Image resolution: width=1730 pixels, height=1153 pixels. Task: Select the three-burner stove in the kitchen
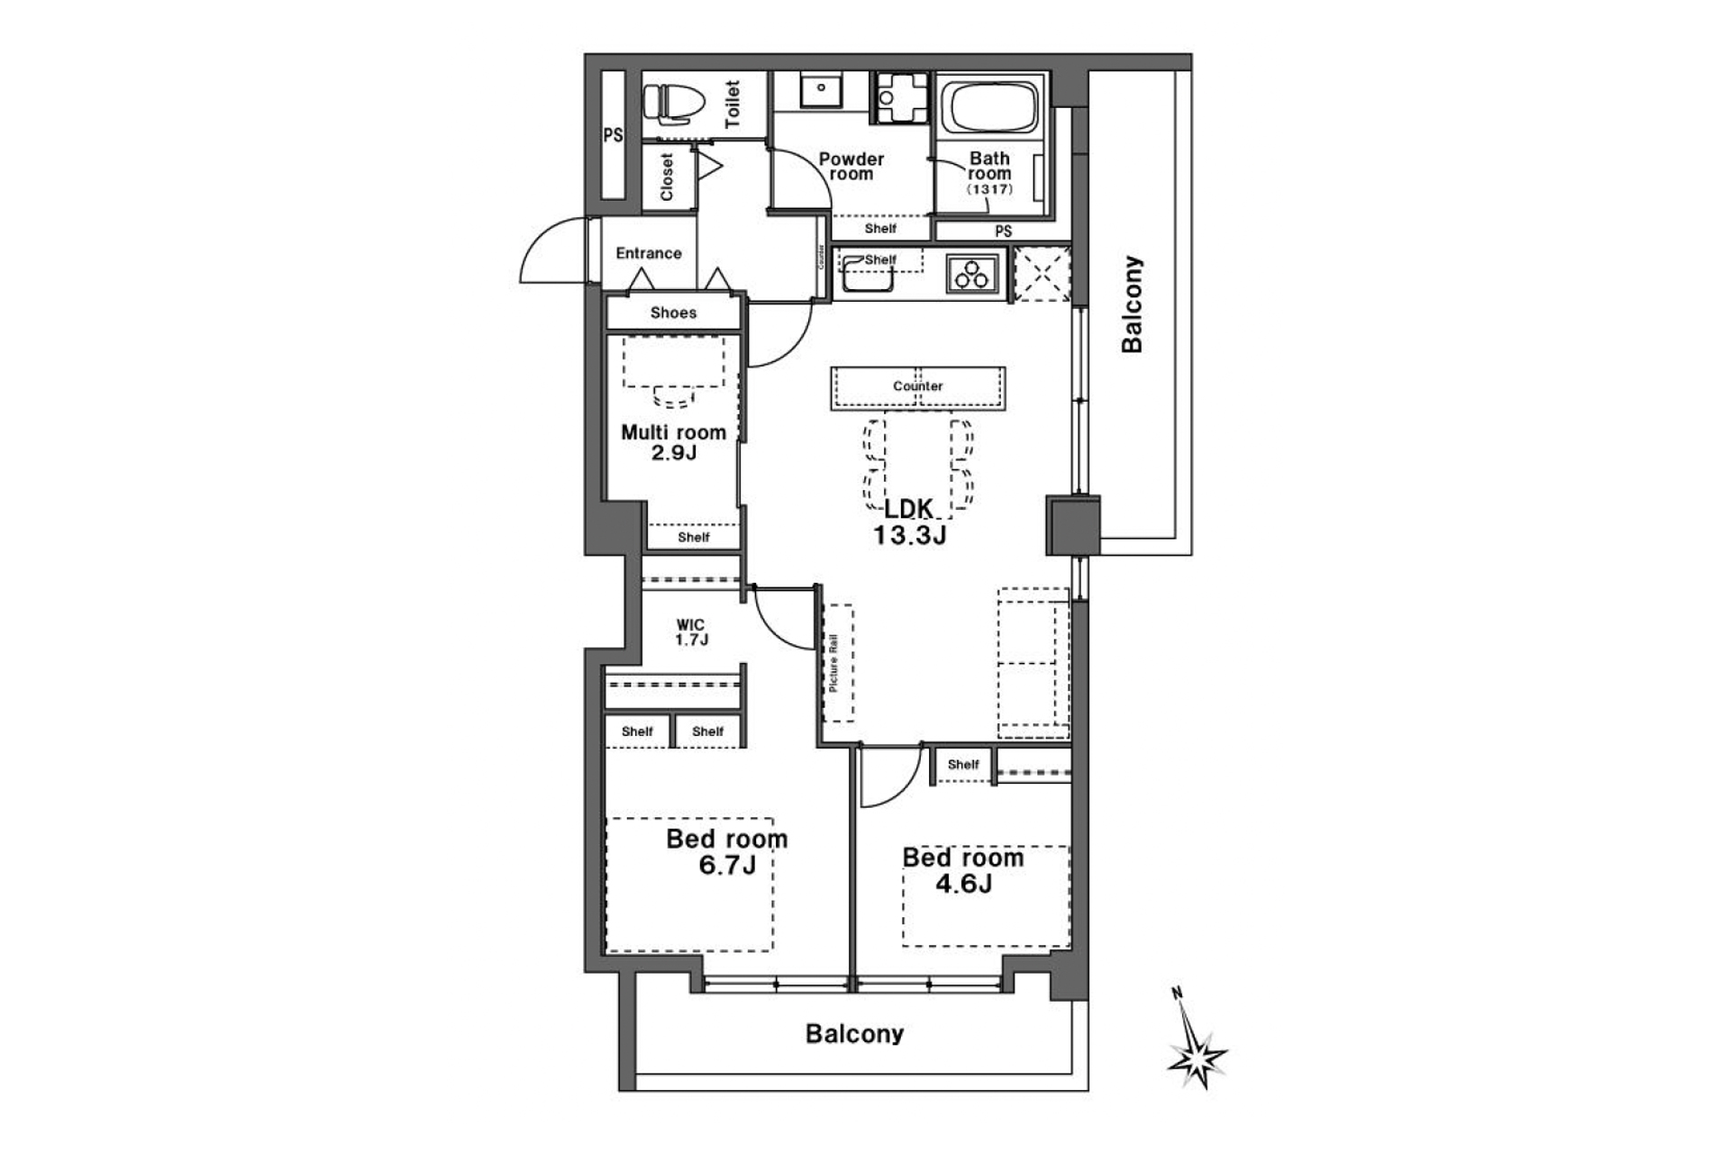coord(973,273)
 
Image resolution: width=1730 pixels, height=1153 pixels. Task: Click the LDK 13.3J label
coord(909,522)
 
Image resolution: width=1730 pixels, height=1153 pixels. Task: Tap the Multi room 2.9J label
coord(673,442)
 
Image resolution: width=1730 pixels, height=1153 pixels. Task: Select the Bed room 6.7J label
coord(727,852)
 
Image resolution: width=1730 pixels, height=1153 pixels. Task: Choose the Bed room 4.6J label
coord(963,870)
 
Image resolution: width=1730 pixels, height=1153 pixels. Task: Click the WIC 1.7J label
coord(691,632)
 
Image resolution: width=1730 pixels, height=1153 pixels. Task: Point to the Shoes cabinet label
coord(673,313)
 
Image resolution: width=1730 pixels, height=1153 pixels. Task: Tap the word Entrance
coord(649,253)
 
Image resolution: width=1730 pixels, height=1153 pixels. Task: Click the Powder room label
coord(851,167)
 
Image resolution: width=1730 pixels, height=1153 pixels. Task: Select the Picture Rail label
coord(834,663)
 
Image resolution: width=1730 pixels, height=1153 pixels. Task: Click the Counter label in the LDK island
coord(918,386)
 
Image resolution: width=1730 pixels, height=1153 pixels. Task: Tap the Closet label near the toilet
coord(667,177)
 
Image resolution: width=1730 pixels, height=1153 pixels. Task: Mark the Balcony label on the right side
coord(1132,304)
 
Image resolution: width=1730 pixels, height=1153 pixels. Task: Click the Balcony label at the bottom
coord(854,1033)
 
